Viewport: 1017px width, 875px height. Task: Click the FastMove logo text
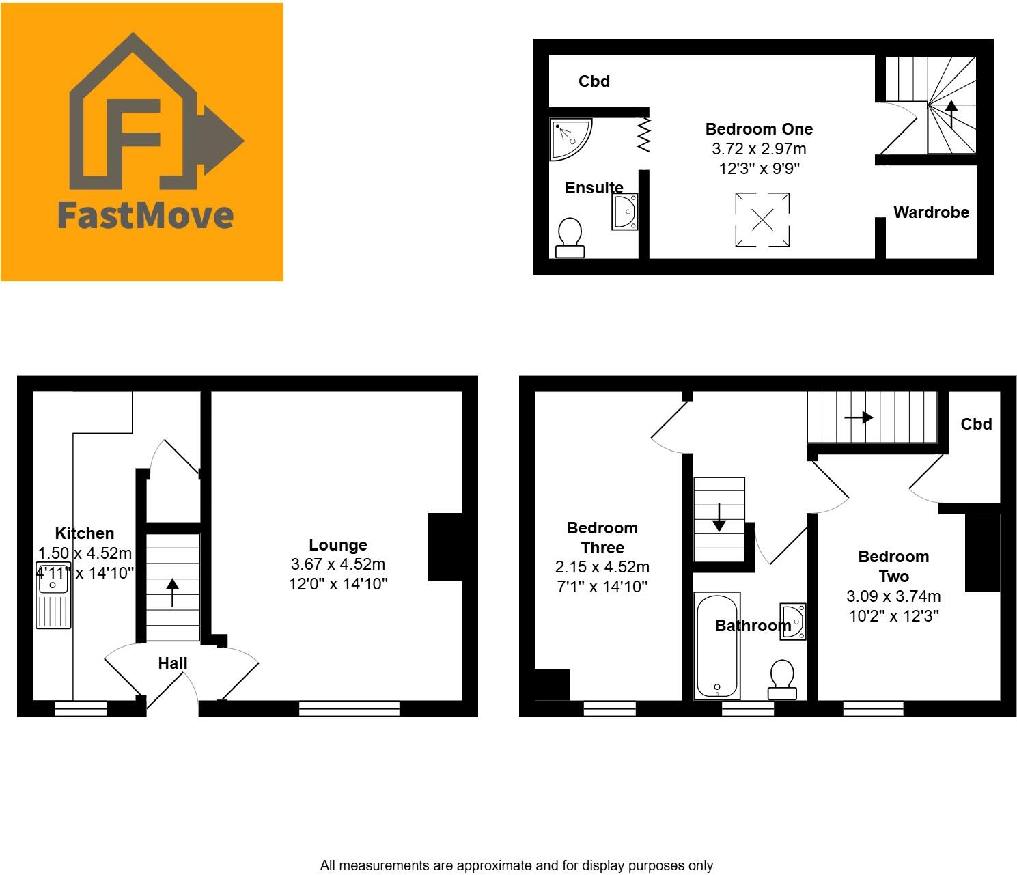click(x=145, y=214)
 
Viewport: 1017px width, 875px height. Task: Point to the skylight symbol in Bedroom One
click(x=762, y=220)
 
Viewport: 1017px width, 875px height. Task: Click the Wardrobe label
click(x=931, y=212)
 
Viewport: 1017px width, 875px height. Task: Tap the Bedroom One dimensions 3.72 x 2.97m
click(x=759, y=149)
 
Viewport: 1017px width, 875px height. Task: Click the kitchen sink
click(x=53, y=594)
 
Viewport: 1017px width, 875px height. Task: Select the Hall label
click(x=173, y=663)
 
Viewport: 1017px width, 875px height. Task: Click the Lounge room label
click(x=338, y=545)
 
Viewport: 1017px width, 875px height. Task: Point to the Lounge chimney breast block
click(x=445, y=546)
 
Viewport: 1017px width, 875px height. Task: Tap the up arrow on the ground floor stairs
click(x=173, y=592)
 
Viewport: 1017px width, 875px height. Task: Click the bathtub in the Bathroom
click(x=717, y=645)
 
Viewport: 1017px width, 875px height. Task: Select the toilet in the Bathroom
click(x=782, y=679)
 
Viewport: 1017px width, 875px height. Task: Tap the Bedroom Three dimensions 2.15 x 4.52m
click(x=602, y=567)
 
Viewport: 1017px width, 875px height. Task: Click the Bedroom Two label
click(x=893, y=566)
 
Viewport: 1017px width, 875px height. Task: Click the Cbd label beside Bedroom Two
click(x=976, y=424)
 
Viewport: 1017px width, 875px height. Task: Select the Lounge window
click(x=349, y=708)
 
